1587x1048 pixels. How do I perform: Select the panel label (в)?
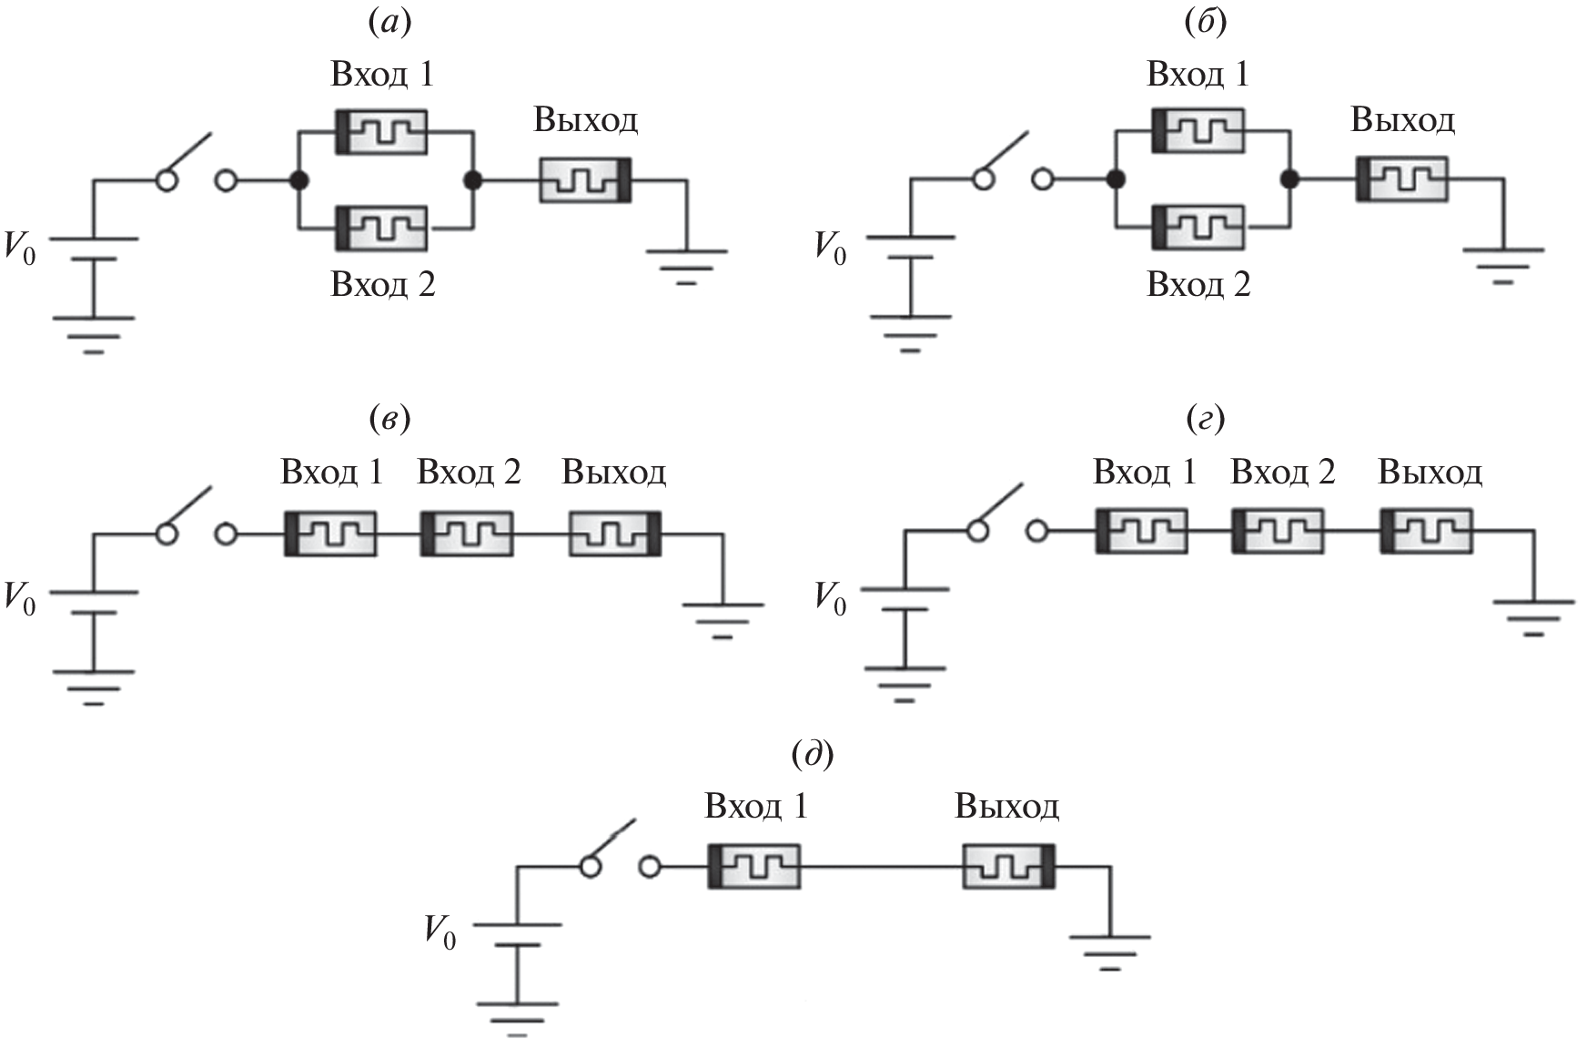pos(389,419)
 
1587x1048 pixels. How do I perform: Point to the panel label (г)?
pos(1206,419)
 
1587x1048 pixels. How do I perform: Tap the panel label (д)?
pos(813,754)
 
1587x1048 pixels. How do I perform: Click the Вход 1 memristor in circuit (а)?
pos(381,132)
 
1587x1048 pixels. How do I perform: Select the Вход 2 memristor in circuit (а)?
pos(381,228)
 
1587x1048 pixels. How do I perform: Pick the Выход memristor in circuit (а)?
pos(586,179)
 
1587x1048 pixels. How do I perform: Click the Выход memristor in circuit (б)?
pos(1401,179)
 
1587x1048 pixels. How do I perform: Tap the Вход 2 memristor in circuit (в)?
pos(467,534)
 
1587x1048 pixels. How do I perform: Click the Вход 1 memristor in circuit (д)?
pos(754,866)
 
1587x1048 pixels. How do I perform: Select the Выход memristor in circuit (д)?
pos(1009,866)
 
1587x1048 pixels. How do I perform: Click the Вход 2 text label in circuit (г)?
pos(1283,473)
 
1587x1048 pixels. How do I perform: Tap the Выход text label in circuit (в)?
pos(614,473)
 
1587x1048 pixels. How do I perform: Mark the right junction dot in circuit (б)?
pos(1289,179)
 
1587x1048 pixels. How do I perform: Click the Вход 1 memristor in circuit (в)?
pos(330,534)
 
